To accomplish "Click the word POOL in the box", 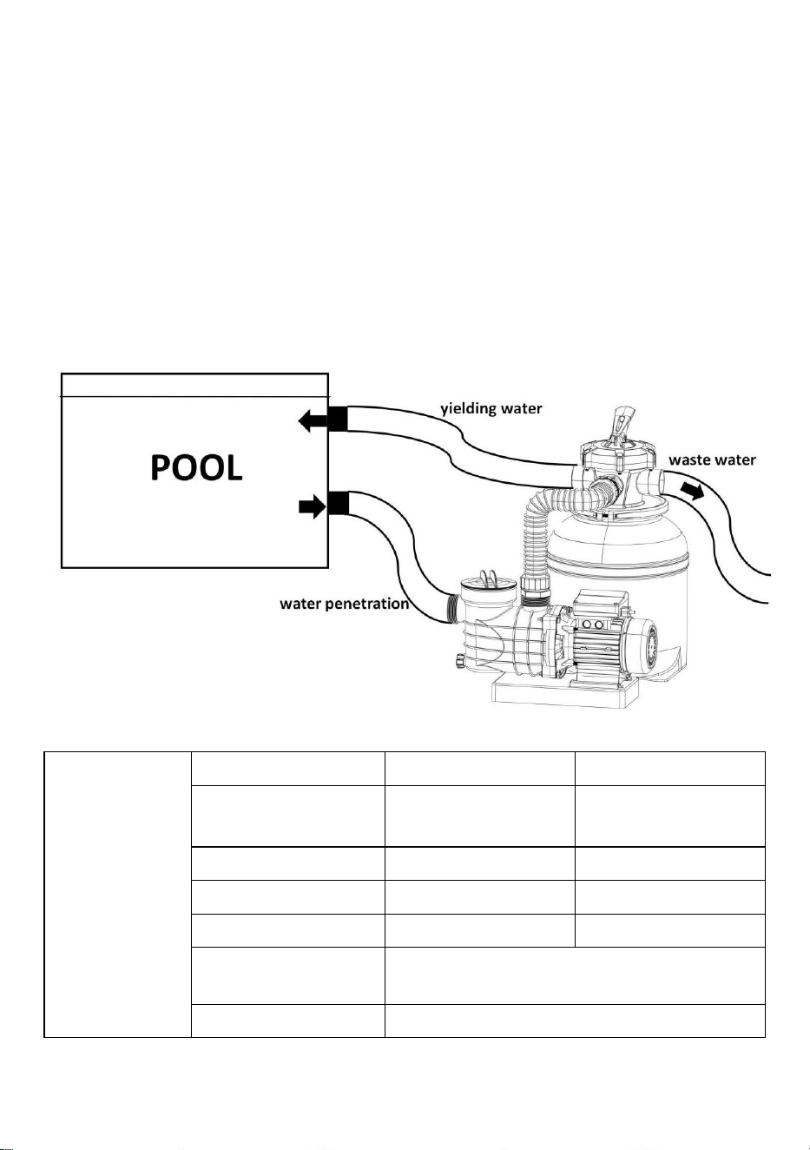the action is click(196, 467).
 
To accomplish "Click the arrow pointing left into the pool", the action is click(313, 422).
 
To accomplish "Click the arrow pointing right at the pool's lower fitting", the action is click(313, 508).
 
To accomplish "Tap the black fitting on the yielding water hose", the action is click(338, 419).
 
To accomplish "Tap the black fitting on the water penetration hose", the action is click(339, 503).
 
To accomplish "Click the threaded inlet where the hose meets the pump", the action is click(452, 609).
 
